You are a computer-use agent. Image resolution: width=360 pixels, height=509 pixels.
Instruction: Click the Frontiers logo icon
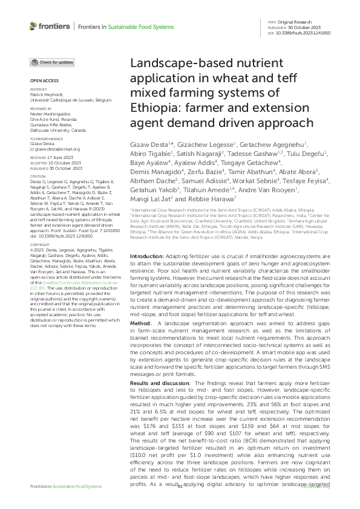(x=34, y=25)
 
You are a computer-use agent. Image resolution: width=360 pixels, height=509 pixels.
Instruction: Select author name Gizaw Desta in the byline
(x=149, y=146)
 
